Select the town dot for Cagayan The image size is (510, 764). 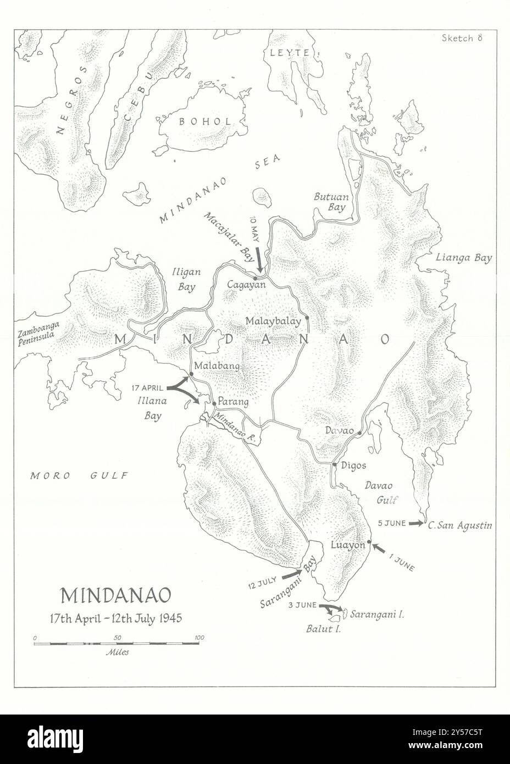255,278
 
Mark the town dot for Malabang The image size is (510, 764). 191,374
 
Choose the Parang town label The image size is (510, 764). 234,402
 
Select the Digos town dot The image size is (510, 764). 334,465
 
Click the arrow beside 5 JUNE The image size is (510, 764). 417,523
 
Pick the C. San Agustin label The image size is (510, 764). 459,525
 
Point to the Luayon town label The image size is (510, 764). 348,545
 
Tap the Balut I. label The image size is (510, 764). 323,629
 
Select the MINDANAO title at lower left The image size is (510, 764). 115,596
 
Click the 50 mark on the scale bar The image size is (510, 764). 117,638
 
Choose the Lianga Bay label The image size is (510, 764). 463,257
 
